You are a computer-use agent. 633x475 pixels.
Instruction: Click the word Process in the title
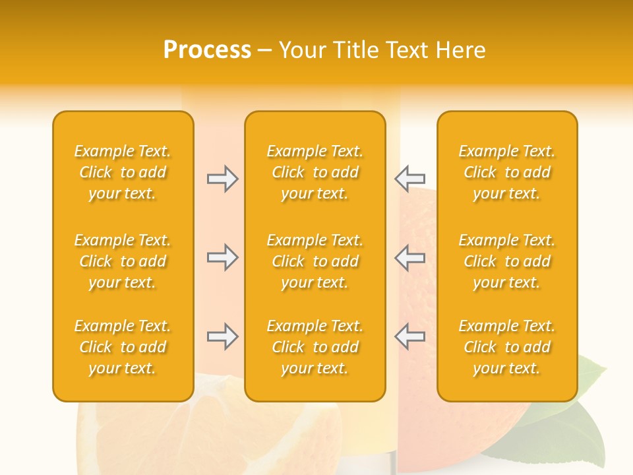coord(207,50)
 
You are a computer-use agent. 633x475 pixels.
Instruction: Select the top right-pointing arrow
coord(222,179)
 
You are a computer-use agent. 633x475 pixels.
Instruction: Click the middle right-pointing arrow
coord(222,257)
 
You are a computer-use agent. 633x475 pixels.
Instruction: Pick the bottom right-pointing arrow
coord(222,336)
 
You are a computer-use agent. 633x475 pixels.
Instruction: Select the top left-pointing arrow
coord(409,178)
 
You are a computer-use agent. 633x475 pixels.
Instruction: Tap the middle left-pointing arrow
coord(409,257)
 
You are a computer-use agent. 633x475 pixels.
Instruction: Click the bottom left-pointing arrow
coord(409,336)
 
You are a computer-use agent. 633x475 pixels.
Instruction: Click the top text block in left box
coord(123,172)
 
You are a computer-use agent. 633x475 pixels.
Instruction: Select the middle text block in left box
coord(123,261)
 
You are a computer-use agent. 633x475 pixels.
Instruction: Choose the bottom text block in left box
coord(123,347)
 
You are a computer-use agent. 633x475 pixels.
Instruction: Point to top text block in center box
coord(315,172)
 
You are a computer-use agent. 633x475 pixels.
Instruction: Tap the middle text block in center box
coord(315,261)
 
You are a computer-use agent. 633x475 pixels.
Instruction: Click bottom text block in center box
coord(315,347)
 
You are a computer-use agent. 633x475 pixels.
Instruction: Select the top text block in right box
coord(506,172)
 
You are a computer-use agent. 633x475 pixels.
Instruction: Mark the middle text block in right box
coord(506,261)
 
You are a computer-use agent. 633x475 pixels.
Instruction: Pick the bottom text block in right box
coord(506,347)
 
